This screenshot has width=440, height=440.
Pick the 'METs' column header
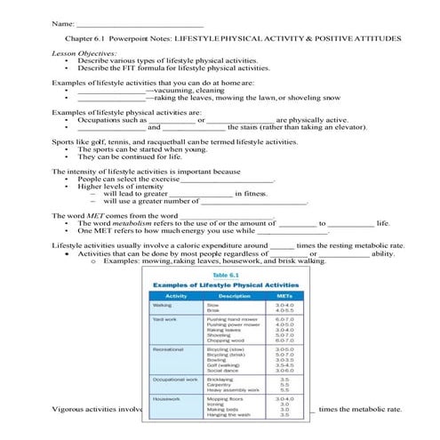[x=284, y=295]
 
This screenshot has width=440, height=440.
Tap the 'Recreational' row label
[x=169, y=350]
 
